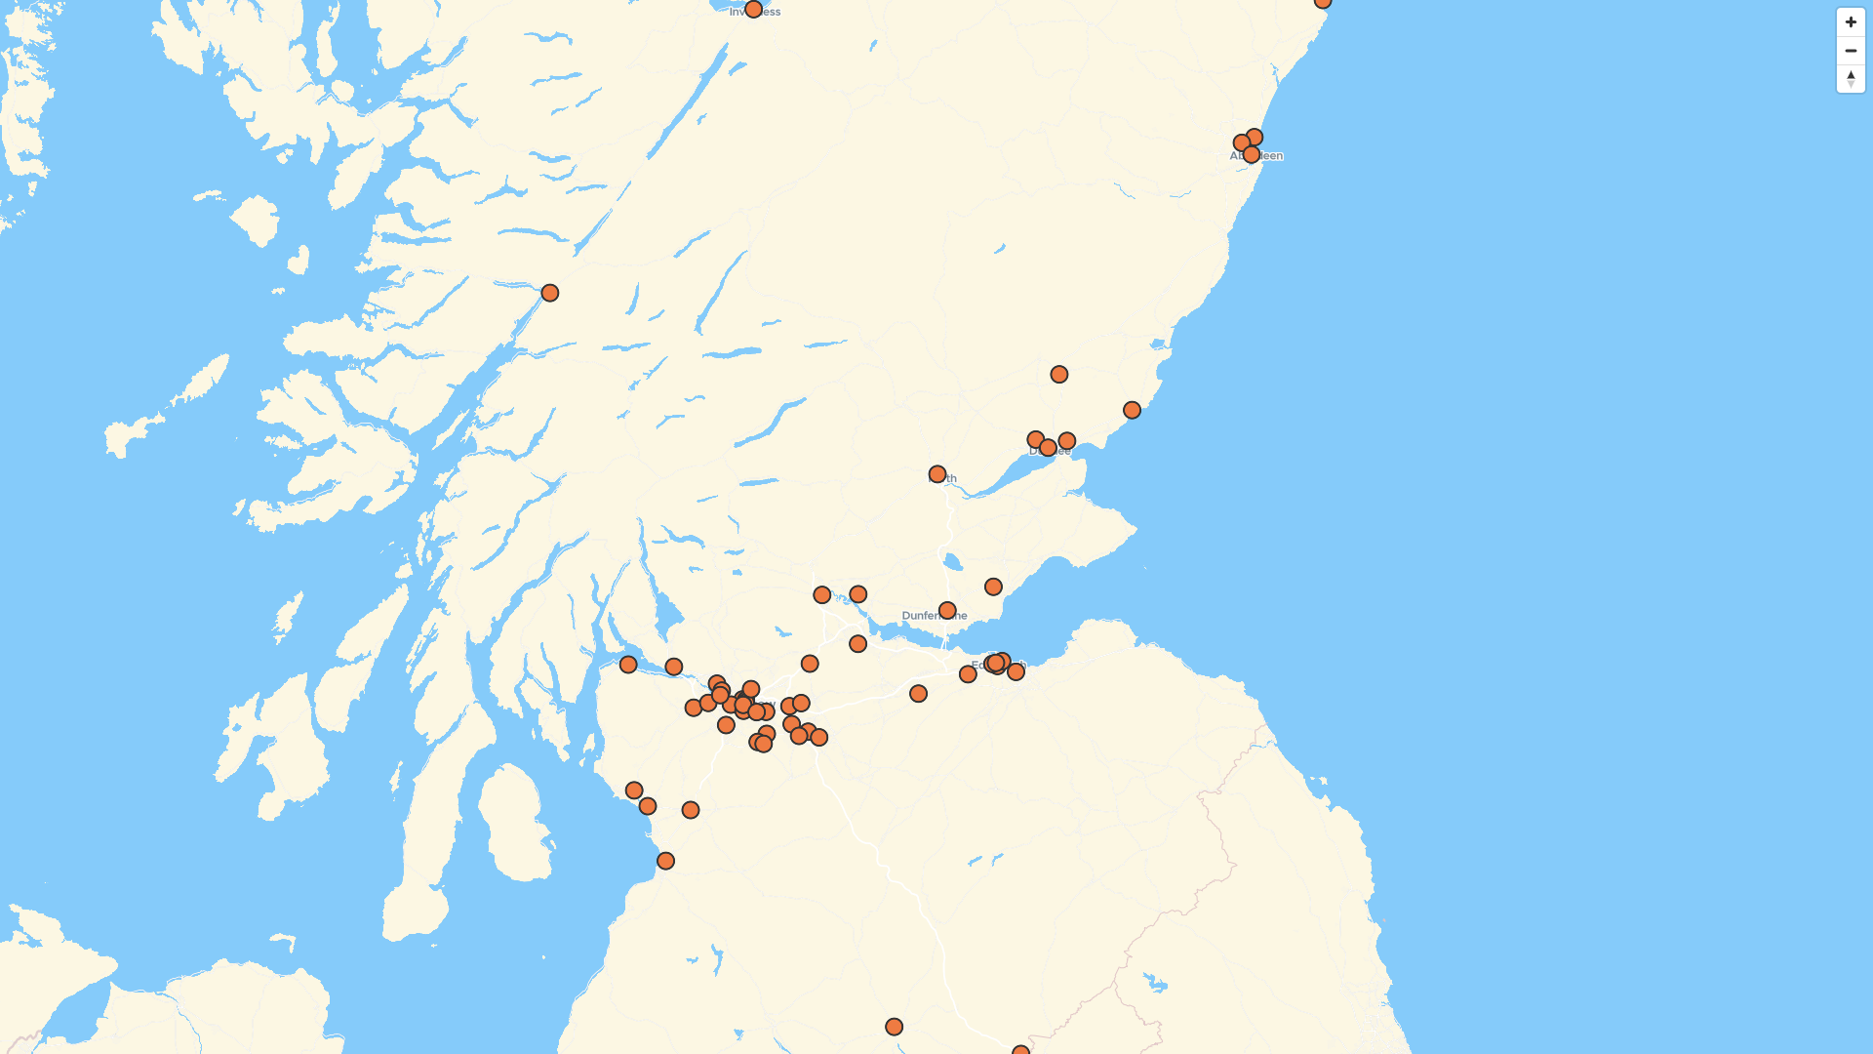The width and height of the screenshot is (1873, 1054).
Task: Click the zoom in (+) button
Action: (x=1851, y=22)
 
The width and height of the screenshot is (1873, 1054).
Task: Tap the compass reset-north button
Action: (x=1851, y=78)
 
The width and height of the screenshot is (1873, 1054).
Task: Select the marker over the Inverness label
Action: (x=753, y=9)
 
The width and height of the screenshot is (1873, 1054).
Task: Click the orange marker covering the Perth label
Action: (x=937, y=474)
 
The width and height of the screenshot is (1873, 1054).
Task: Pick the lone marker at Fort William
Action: (x=550, y=293)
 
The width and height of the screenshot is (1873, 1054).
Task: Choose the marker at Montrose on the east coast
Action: (x=1132, y=410)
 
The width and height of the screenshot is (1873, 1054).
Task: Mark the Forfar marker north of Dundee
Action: (x=1059, y=375)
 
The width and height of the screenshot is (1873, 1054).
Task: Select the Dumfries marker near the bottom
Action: (x=894, y=1027)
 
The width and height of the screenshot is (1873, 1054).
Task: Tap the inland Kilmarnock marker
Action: (x=691, y=810)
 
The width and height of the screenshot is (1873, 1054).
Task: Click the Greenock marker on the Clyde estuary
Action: (x=628, y=665)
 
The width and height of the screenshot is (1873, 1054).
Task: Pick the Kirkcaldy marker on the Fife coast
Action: (x=993, y=587)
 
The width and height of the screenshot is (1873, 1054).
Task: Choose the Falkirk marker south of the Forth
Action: (x=857, y=644)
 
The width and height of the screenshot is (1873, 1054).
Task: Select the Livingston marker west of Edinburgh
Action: (x=918, y=694)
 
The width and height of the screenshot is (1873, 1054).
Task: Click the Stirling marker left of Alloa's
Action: (x=822, y=595)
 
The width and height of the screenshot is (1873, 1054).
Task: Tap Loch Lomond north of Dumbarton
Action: (x=667, y=615)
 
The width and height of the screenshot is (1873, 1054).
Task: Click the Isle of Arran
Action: (x=513, y=820)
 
